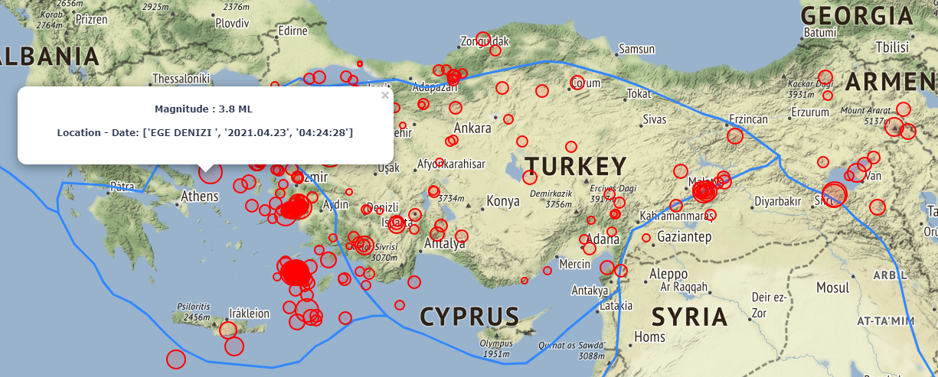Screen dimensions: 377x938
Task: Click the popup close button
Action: [385, 96]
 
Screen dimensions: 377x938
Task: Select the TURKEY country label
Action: [575, 166]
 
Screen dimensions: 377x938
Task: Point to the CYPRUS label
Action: [469, 316]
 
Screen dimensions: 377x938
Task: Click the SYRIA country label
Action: [688, 317]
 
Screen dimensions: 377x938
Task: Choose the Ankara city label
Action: [472, 128]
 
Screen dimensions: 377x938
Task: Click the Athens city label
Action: [199, 197]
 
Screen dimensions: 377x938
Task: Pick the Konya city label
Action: [503, 201]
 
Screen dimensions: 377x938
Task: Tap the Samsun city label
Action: [636, 50]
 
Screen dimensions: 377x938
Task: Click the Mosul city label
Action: [832, 288]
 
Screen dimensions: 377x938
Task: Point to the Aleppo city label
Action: [668, 273]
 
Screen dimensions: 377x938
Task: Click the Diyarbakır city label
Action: [777, 201]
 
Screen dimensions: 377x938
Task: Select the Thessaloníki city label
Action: [181, 78]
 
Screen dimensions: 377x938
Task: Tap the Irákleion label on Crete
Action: [250, 314]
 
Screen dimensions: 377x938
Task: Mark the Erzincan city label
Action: [748, 120]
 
